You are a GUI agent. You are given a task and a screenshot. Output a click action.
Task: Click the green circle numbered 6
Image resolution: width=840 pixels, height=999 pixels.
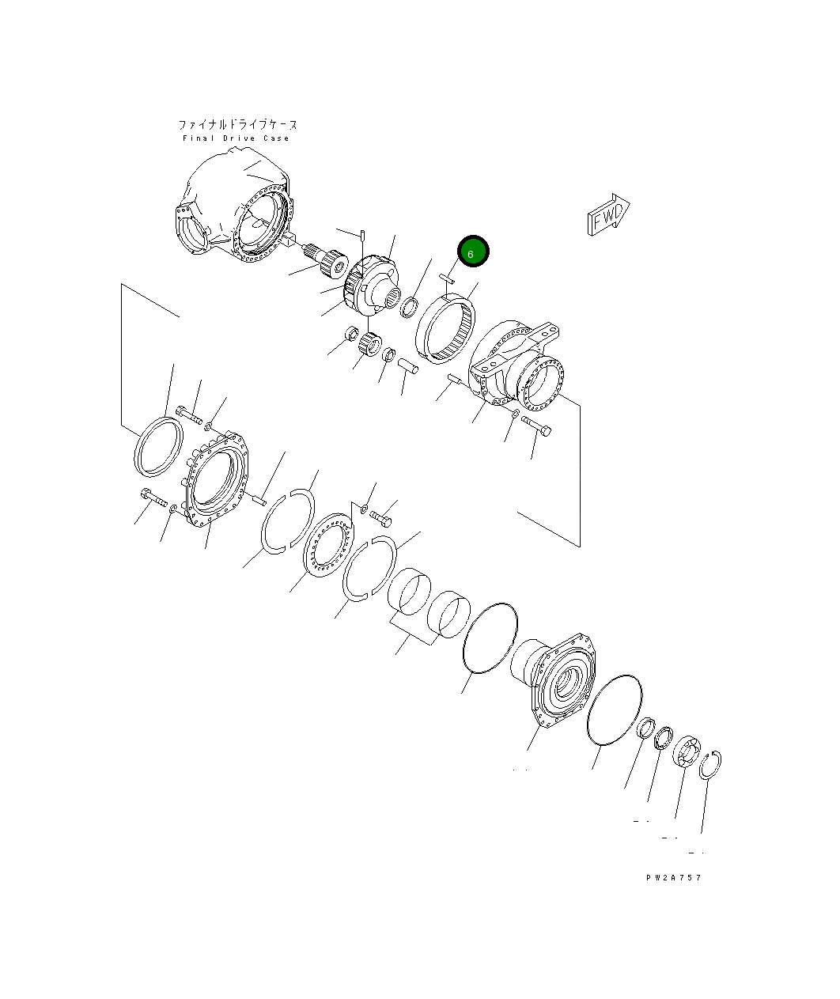click(x=473, y=252)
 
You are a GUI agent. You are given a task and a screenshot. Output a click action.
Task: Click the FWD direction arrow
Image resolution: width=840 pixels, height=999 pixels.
click(x=608, y=215)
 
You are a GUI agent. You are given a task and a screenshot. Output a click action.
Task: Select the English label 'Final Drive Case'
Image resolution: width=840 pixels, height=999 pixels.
click(x=236, y=138)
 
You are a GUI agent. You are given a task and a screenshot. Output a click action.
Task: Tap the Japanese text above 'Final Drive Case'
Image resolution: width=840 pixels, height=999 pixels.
click(x=238, y=125)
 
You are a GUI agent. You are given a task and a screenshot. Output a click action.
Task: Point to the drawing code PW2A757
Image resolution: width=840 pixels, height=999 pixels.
click(x=674, y=877)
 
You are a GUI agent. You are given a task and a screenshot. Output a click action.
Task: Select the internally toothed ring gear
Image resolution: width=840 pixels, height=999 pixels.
click(x=446, y=329)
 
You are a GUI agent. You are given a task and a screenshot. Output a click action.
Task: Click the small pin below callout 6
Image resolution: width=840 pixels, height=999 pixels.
click(x=447, y=278)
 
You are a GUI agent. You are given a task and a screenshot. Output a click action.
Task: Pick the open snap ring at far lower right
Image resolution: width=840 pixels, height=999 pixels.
click(x=709, y=765)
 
